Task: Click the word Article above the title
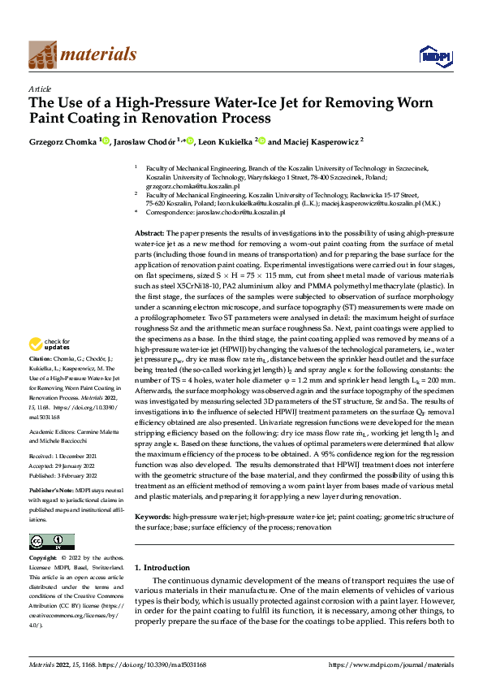point(40,89)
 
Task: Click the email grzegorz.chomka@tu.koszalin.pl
point(186,186)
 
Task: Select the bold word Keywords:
point(153,516)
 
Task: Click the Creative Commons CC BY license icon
point(51,542)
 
